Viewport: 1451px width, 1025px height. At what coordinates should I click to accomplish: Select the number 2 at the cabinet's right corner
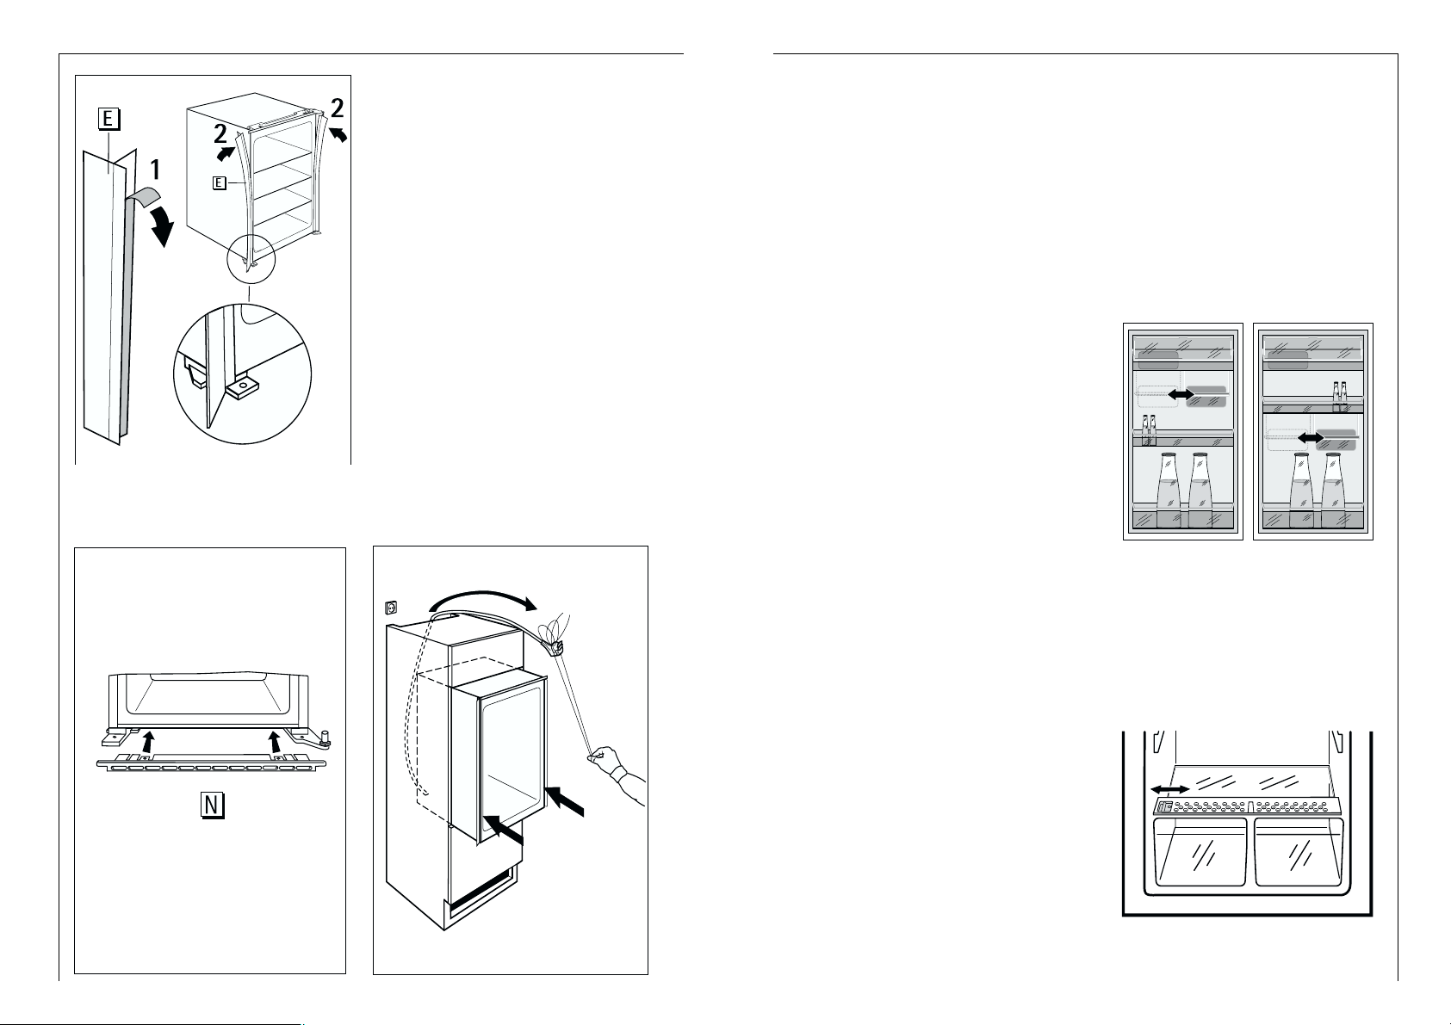(338, 108)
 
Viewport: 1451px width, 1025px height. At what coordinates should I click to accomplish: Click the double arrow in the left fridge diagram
(1181, 392)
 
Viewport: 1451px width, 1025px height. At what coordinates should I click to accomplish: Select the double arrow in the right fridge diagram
(1311, 438)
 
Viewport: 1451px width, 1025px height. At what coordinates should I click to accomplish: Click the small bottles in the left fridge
(1148, 428)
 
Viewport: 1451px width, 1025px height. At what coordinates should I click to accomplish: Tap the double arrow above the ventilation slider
(1170, 788)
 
